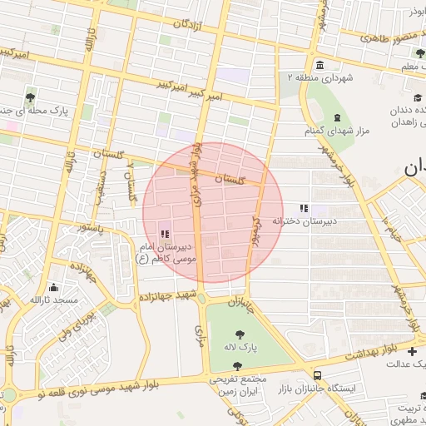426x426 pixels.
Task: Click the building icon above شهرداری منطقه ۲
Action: [320, 65]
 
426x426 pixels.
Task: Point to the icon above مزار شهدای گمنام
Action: [336, 117]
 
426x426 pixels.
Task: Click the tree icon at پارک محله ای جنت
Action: [31, 97]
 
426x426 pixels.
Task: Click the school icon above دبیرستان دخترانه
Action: [304, 208]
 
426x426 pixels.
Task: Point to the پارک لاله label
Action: [240, 344]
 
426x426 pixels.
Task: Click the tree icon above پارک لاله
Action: [240, 332]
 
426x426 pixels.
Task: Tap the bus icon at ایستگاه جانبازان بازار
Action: [316, 375]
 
